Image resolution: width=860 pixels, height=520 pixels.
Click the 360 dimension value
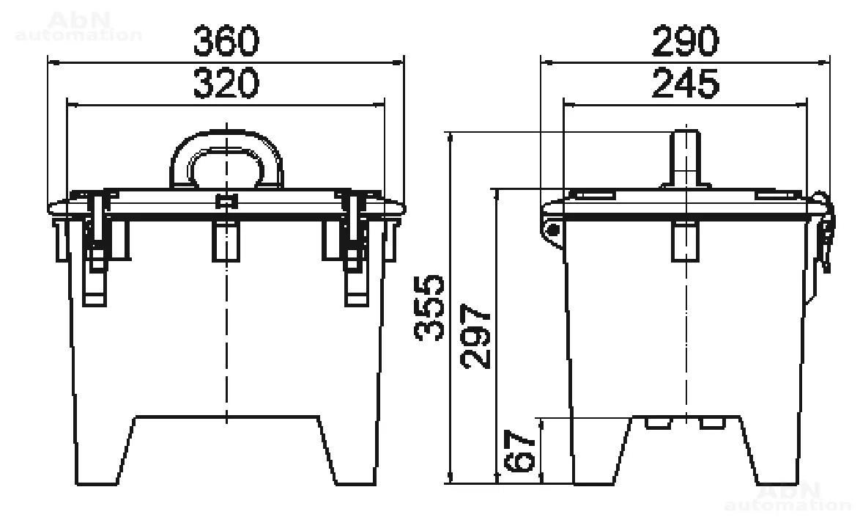226,40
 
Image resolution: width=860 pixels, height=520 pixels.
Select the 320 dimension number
226,83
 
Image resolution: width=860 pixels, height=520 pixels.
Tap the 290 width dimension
685,40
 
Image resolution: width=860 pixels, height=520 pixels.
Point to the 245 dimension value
685,83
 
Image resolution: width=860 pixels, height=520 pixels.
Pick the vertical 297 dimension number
475,336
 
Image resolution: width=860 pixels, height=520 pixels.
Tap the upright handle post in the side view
686,158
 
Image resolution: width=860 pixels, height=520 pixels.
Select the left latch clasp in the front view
95,250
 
